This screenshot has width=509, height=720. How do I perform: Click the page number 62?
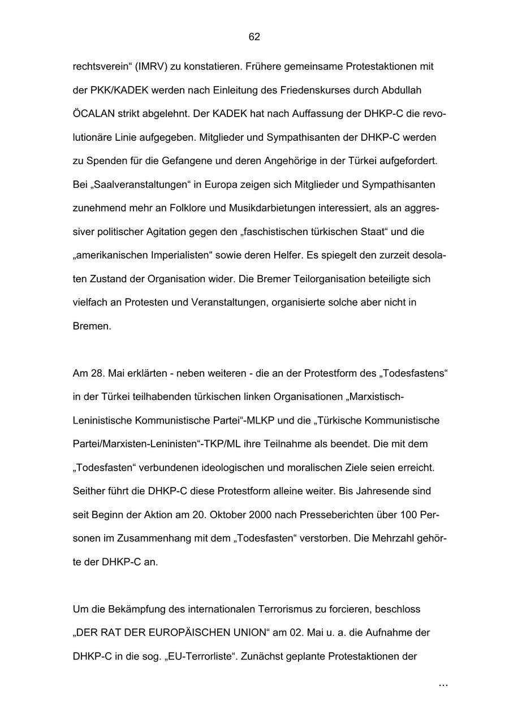tap(254, 37)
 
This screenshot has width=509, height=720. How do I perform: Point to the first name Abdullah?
tap(402, 90)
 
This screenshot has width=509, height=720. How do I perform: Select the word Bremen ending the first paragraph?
tap(92, 326)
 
